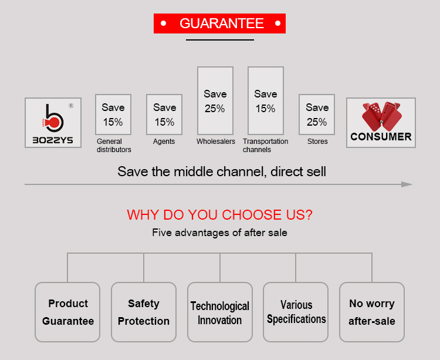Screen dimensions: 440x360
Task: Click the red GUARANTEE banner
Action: click(219, 23)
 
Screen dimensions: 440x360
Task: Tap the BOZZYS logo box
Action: click(53, 122)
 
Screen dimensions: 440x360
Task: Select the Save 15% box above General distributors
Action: click(113, 115)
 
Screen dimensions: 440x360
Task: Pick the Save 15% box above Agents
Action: click(164, 115)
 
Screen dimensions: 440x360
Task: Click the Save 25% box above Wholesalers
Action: click(215, 100)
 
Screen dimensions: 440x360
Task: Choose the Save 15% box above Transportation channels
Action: click(266, 100)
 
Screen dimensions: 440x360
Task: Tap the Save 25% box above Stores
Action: click(317, 115)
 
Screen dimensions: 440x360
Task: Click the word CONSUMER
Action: click(381, 137)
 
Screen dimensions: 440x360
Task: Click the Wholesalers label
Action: click(216, 142)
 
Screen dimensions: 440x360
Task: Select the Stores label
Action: click(317, 142)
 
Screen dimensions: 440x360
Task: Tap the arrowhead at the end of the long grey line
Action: click(407, 184)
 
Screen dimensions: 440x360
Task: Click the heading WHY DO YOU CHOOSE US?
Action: click(220, 215)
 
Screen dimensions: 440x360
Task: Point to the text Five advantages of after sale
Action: click(220, 233)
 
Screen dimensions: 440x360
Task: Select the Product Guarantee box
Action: click(67, 312)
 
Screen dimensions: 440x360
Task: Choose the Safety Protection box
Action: click(144, 312)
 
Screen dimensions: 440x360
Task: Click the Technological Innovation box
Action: click(220, 312)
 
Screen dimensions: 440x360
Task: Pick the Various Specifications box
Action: click(296, 312)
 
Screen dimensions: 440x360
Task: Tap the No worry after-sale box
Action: click(372, 312)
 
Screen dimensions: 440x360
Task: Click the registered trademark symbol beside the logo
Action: click(71, 106)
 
